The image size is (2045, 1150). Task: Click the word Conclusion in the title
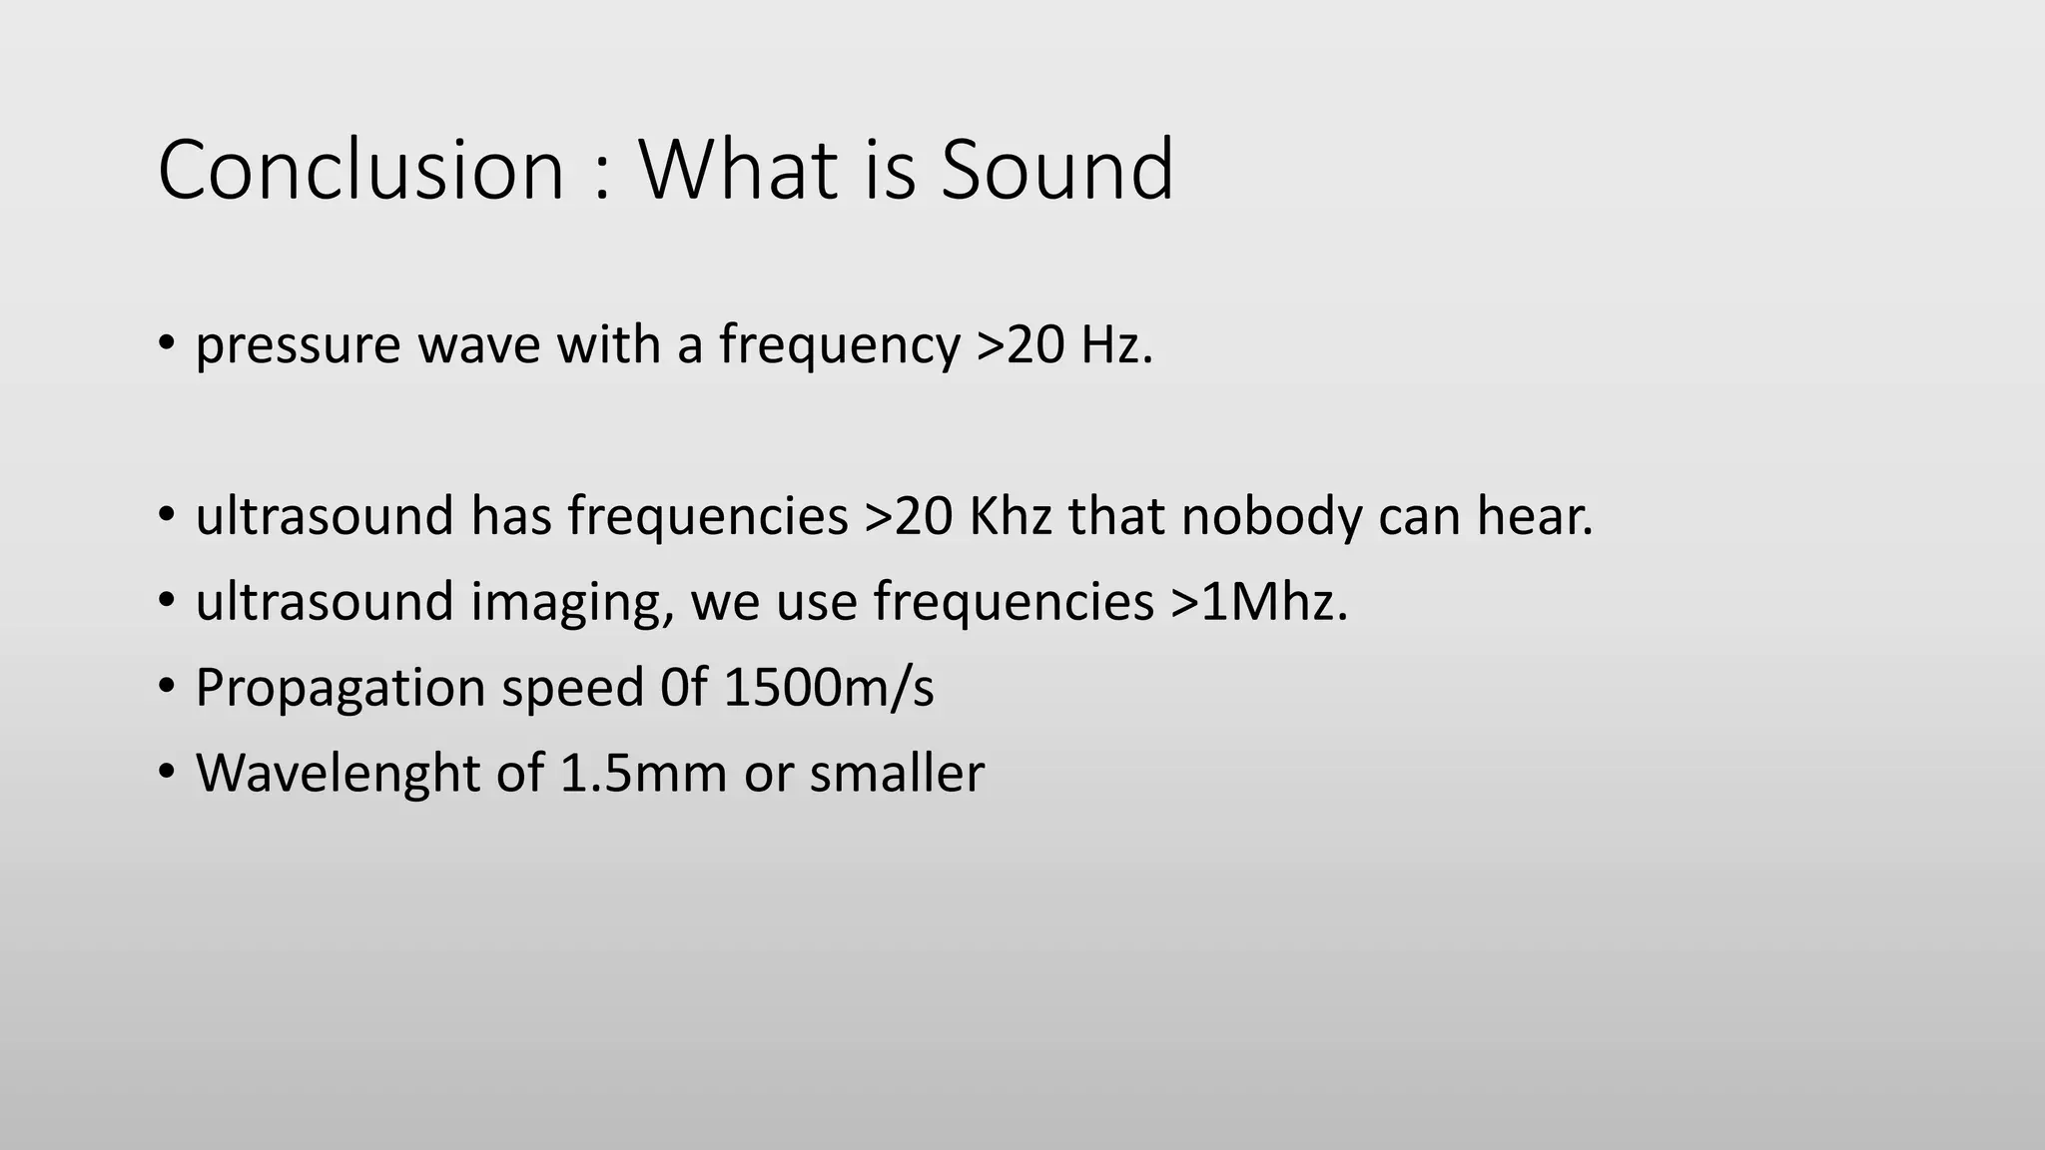point(361,170)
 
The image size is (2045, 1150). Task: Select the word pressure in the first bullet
point(298,347)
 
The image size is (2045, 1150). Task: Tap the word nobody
point(1271,517)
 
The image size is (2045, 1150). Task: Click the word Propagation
point(341,689)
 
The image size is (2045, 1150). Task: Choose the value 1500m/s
point(829,688)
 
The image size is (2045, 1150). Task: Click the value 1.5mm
point(643,774)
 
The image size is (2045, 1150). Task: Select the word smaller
point(897,774)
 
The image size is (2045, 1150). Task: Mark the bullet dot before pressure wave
point(166,343)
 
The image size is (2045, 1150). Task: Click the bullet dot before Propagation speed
point(166,687)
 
